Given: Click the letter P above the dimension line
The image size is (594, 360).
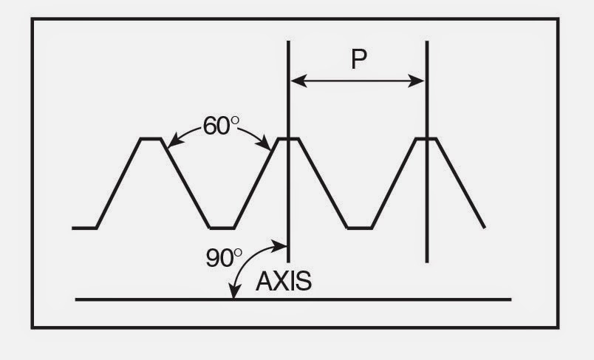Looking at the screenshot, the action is point(359,58).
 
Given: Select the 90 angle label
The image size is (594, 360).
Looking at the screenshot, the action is point(219,257).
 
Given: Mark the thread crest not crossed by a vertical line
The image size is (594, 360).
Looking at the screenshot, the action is point(151,138).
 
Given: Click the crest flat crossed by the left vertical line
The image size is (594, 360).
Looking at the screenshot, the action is point(287,138).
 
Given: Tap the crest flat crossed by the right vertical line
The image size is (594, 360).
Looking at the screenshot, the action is point(426,138).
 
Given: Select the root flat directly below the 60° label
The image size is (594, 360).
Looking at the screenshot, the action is point(221,228).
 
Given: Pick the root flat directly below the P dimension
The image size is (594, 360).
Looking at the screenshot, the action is point(359,228).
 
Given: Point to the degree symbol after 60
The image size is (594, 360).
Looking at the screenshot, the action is point(235,119).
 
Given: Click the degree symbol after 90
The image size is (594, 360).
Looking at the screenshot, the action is point(238,251).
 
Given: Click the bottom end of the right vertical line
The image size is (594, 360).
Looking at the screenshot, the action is point(427,260).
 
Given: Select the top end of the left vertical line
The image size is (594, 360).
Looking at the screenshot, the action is point(288,43).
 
